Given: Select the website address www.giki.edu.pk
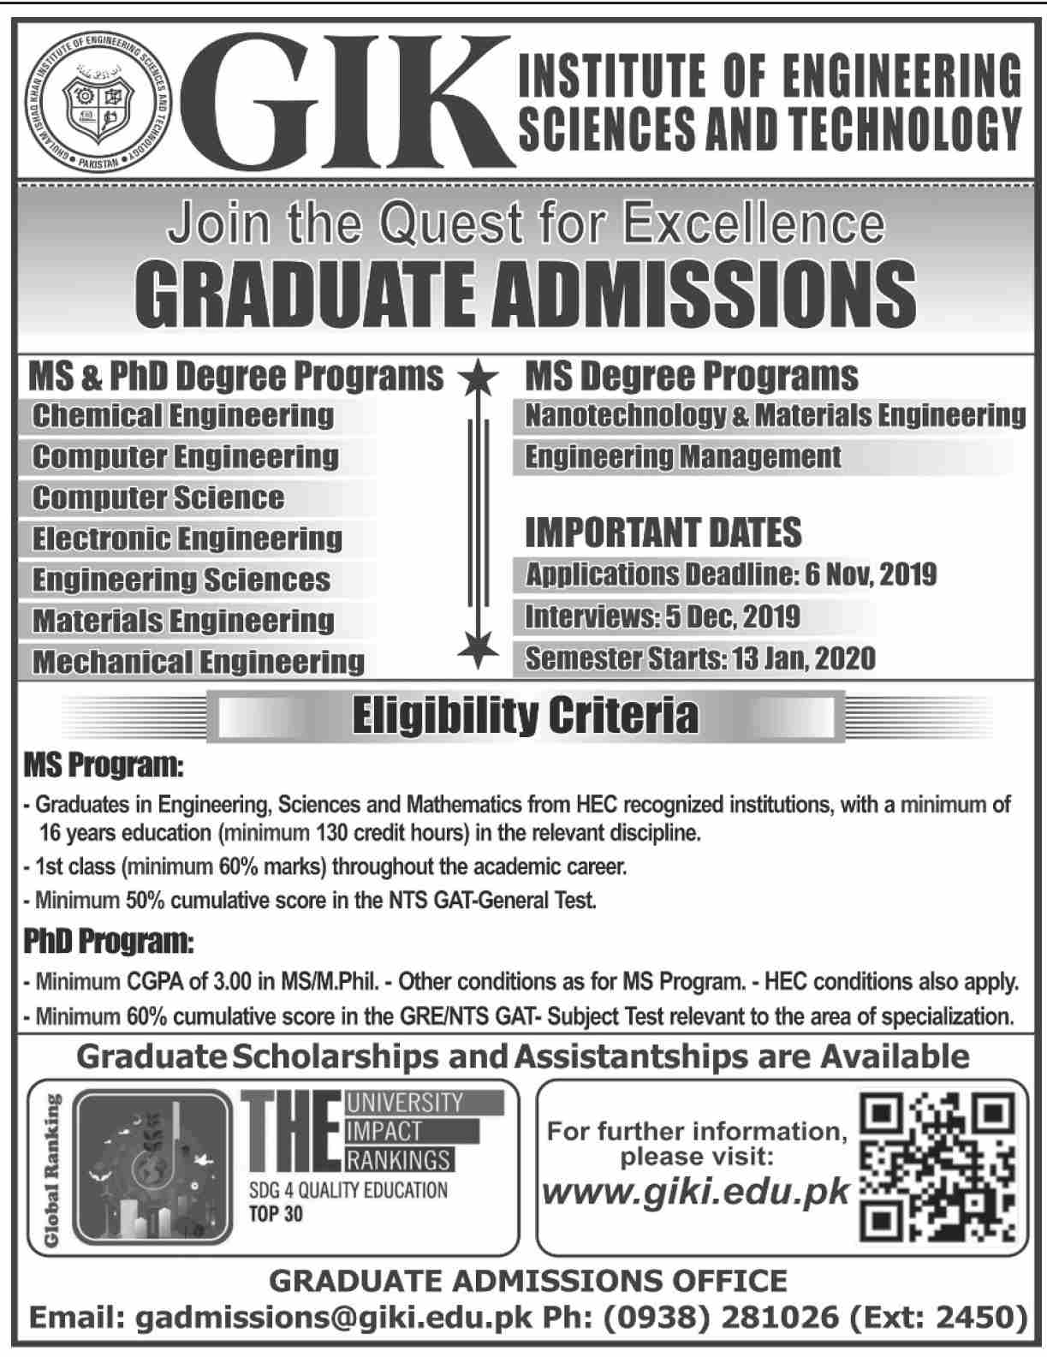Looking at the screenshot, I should (x=697, y=1191).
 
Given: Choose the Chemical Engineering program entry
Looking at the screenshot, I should (x=183, y=416).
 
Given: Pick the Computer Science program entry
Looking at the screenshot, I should (x=158, y=498).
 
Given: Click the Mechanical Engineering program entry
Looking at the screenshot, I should (x=199, y=662).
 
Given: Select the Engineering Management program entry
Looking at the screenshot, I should (x=683, y=457).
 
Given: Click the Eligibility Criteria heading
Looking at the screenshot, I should (x=526, y=716).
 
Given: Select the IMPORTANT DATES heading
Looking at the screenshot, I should (x=663, y=533).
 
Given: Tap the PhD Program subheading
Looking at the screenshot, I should (x=109, y=943).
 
